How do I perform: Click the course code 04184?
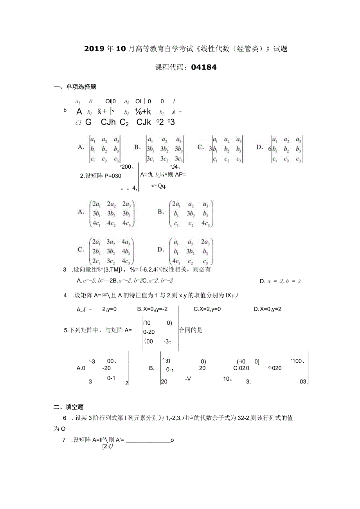tap(204, 67)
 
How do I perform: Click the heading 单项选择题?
tap(81, 87)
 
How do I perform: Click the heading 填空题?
tap(74, 407)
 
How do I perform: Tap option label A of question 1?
tap(81, 147)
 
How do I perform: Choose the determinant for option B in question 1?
tap(164, 149)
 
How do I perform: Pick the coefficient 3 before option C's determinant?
tap(211, 149)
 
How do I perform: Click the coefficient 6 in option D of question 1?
tap(270, 149)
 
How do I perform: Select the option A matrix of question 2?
tap(112, 214)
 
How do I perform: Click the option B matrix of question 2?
tap(191, 214)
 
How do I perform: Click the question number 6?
tap(65, 418)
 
